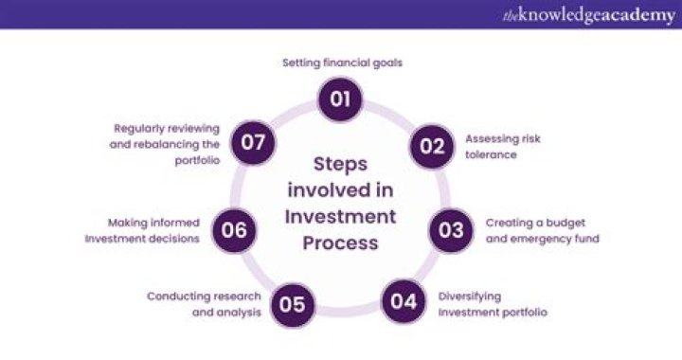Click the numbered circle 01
340,99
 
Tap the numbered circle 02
431,146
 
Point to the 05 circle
292,303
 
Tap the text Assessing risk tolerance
502,146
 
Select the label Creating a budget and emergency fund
543,230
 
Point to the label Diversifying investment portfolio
493,303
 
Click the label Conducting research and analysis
204,303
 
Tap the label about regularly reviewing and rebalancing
167,144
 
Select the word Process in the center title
340,243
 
